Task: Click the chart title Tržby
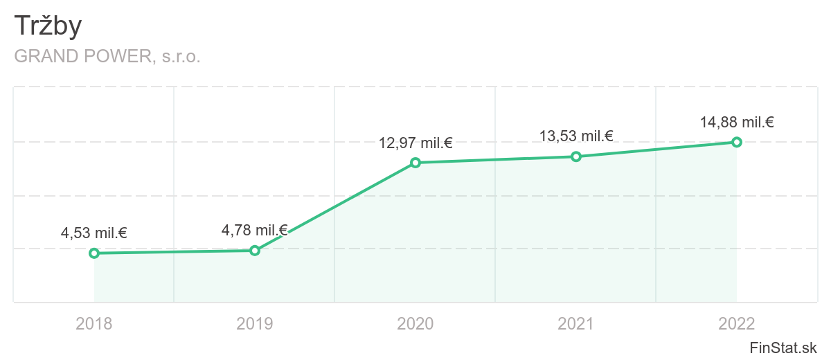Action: pyautogui.click(x=48, y=26)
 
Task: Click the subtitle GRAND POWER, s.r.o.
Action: pyautogui.click(x=107, y=57)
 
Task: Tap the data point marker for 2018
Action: pyautogui.click(x=94, y=253)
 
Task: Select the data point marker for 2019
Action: pyautogui.click(x=255, y=251)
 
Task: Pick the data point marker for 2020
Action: pyautogui.click(x=415, y=163)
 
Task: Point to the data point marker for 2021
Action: pyautogui.click(x=575, y=156)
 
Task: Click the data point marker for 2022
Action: pyautogui.click(x=737, y=142)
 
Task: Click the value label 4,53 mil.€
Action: pyautogui.click(x=94, y=233)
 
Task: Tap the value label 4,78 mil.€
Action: pyautogui.click(x=254, y=230)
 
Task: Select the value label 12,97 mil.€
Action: pyautogui.click(x=415, y=143)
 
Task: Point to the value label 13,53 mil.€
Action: pyautogui.click(x=576, y=136)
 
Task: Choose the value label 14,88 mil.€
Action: pyautogui.click(x=737, y=123)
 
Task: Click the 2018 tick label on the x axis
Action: pyautogui.click(x=94, y=323)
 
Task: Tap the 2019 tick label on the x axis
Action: pyautogui.click(x=255, y=323)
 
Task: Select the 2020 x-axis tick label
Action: pyautogui.click(x=415, y=323)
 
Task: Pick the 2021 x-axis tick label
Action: pyautogui.click(x=576, y=323)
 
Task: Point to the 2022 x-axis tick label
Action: pyautogui.click(x=737, y=323)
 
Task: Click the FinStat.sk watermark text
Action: pyautogui.click(x=784, y=347)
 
